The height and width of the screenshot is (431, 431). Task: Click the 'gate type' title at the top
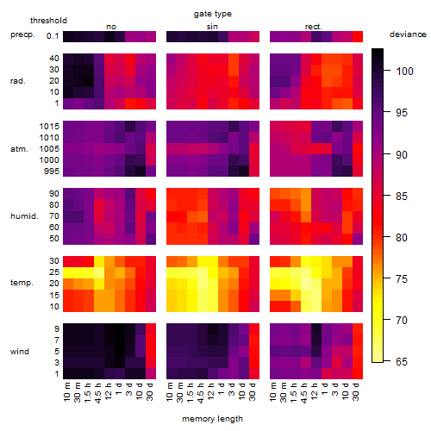[213, 14]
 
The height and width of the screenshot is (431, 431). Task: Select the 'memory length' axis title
[212, 419]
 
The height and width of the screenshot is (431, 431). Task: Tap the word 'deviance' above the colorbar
[408, 34]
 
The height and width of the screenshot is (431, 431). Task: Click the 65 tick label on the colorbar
[402, 361]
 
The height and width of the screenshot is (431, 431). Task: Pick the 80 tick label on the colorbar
[402, 238]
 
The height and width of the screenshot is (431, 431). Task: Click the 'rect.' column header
[314, 27]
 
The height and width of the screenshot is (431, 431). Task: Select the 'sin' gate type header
[212, 27]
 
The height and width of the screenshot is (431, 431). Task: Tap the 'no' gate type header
[111, 27]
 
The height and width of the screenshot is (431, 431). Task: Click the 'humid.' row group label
[24, 216]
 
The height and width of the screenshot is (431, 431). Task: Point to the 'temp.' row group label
[22, 283]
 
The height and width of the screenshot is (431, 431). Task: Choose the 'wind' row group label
[20, 352]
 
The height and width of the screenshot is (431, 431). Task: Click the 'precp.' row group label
[22, 34]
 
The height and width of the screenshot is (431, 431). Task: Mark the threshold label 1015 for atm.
[49, 127]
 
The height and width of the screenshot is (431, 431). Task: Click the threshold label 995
[52, 172]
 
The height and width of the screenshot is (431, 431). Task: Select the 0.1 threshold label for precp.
[53, 36]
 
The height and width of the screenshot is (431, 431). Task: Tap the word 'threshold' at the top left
[48, 21]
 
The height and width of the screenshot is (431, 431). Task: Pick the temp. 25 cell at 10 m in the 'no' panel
[68, 272]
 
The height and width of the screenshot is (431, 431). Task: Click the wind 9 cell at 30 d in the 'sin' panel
[254, 329]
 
